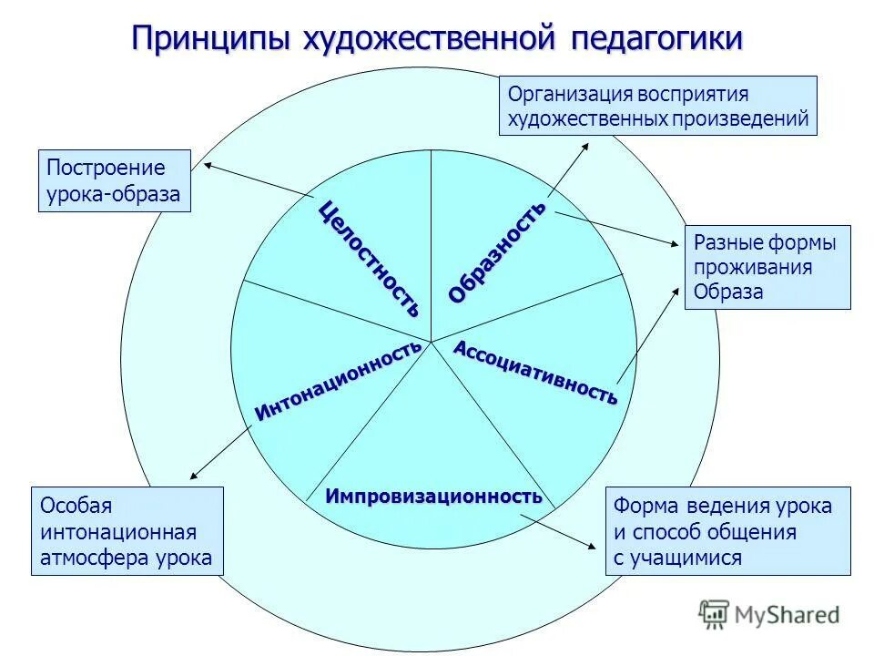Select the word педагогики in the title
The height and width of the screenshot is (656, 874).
pos(656,39)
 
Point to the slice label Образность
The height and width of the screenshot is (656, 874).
pos(497,251)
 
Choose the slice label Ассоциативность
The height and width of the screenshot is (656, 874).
pos(535,373)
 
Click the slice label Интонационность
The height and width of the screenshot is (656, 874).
pos(338,380)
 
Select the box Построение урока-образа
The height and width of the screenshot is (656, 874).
pos(115,181)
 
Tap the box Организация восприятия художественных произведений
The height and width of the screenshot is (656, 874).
pos(658,106)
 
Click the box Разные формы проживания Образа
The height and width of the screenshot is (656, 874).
pos(767,267)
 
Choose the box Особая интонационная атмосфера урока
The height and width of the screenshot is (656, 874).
pos(127,530)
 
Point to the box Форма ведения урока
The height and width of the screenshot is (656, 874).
pos(727,531)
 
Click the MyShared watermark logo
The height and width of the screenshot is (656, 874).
pos(769,614)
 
